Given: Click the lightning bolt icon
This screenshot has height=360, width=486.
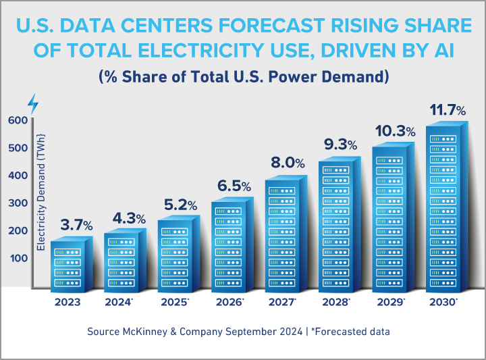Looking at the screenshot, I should click(x=32, y=104).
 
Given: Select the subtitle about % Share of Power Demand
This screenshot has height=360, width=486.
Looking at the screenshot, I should click(x=243, y=76).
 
